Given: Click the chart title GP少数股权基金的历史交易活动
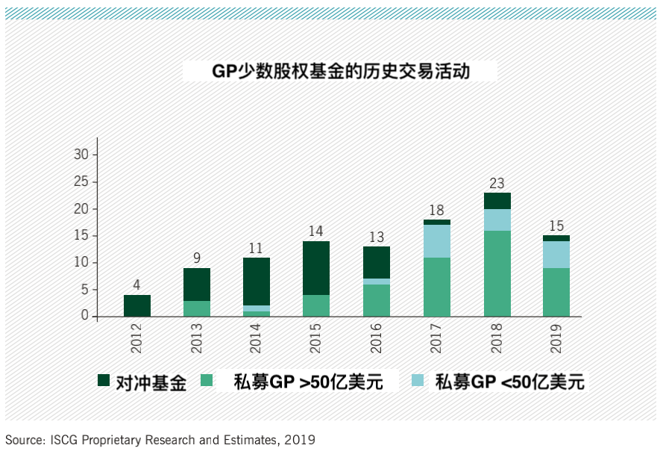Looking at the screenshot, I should [x=340, y=71].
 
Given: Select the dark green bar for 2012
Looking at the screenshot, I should [x=137, y=305].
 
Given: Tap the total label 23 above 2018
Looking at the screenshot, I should [x=497, y=183].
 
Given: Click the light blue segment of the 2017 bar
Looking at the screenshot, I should [x=437, y=241].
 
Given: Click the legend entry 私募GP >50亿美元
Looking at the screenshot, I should [x=308, y=382].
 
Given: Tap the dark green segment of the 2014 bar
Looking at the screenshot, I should [x=257, y=282].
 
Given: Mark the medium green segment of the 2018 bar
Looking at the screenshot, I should [x=497, y=273].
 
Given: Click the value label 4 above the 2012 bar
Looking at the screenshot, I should [x=137, y=285].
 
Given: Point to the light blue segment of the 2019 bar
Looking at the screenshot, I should [x=556, y=255].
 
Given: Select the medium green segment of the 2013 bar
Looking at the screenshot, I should [x=198, y=308].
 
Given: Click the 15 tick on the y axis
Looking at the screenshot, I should [x=81, y=235].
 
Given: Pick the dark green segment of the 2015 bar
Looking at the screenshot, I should [x=316, y=268].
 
